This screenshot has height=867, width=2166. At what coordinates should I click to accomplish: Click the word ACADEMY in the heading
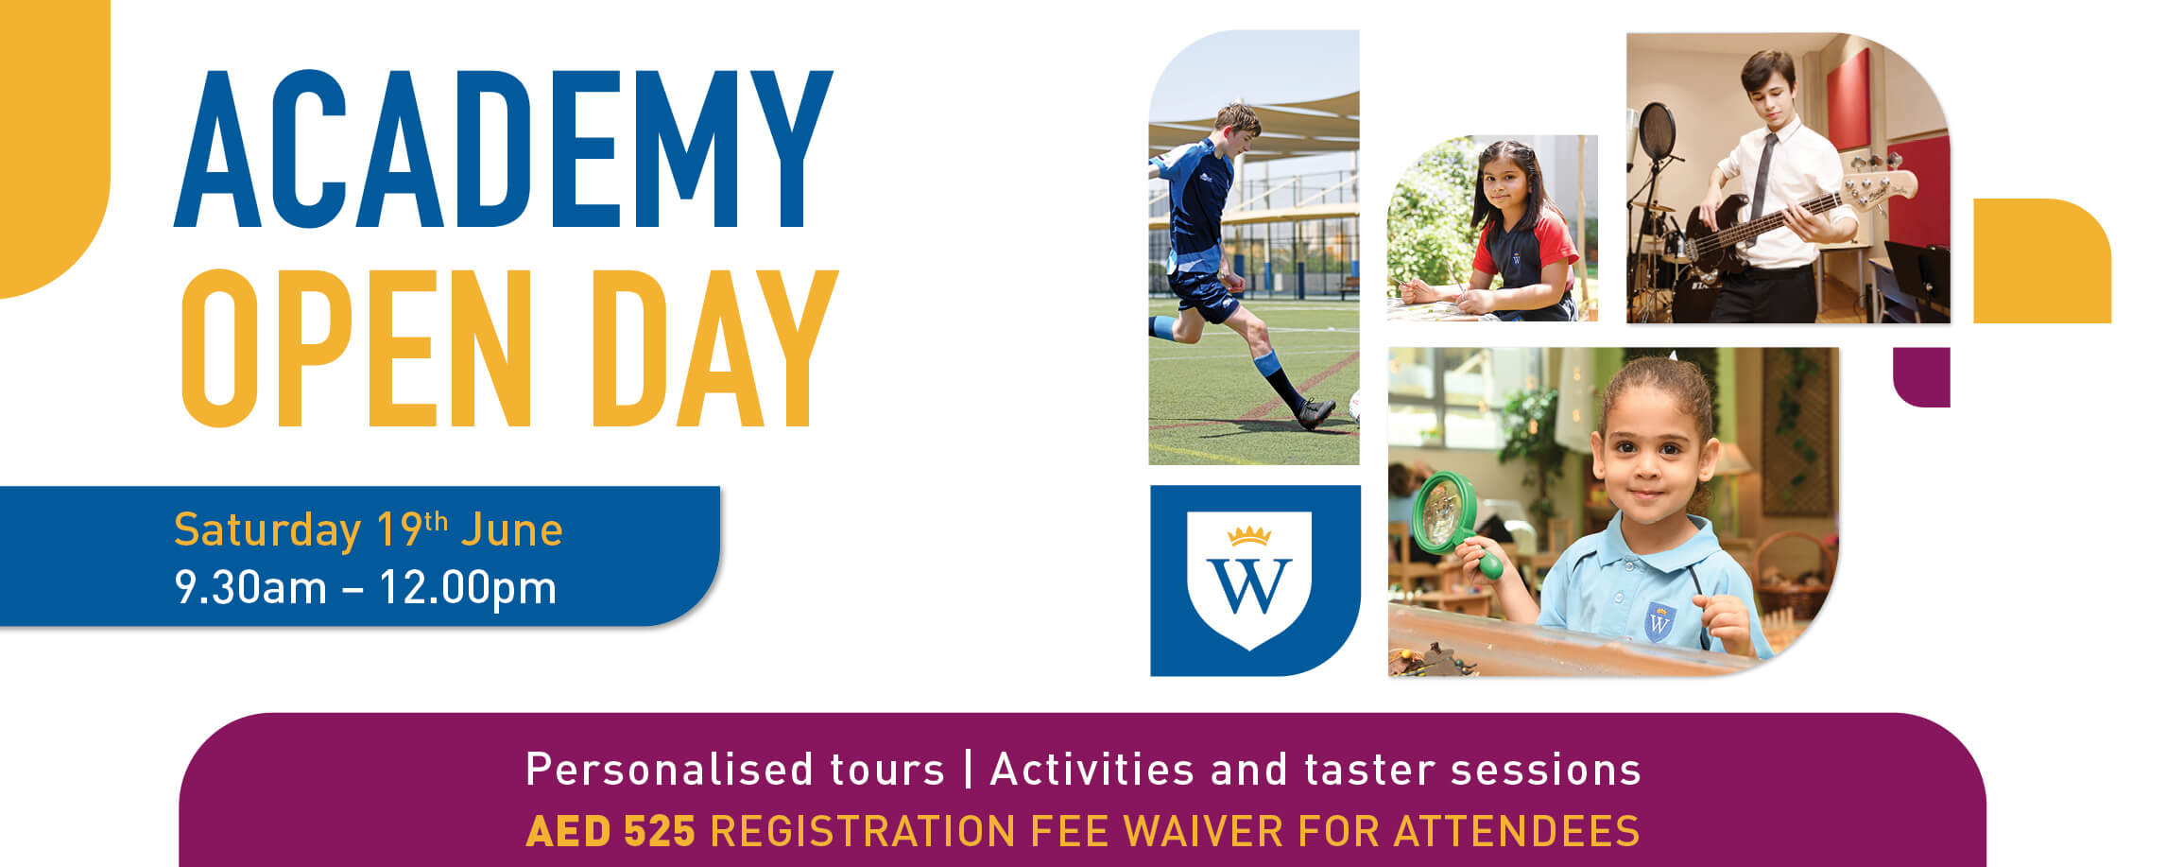point(504,149)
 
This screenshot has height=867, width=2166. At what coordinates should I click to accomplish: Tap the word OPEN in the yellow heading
point(357,349)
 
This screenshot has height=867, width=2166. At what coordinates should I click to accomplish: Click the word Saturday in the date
point(267,530)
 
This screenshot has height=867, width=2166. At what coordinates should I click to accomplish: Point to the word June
point(512,529)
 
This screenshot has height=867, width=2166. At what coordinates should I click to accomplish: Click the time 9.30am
point(250,588)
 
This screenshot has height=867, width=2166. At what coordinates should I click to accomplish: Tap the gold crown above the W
point(1249,536)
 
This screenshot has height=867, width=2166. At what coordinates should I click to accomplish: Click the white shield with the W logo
point(1249,579)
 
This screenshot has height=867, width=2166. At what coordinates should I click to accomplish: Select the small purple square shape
point(1921,377)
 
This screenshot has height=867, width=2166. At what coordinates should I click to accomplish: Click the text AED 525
point(610,832)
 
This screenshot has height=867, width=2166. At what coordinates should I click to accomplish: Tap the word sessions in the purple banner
point(1546,771)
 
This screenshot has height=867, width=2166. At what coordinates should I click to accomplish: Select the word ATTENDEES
point(1517,832)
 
